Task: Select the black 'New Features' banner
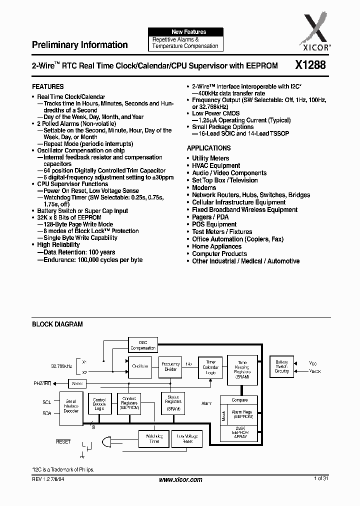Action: click(x=185, y=32)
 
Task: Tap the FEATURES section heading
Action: click(x=47, y=86)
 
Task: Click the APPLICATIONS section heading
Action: click(x=208, y=148)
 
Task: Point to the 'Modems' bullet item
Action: click(x=204, y=187)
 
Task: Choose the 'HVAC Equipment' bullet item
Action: click(x=216, y=165)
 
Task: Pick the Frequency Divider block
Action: click(x=170, y=366)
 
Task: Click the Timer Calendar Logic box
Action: click(x=210, y=366)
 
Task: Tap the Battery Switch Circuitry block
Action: click(x=282, y=366)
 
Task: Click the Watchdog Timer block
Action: click(x=153, y=439)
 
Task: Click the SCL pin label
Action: click(x=46, y=401)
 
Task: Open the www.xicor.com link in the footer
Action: click(x=180, y=479)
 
